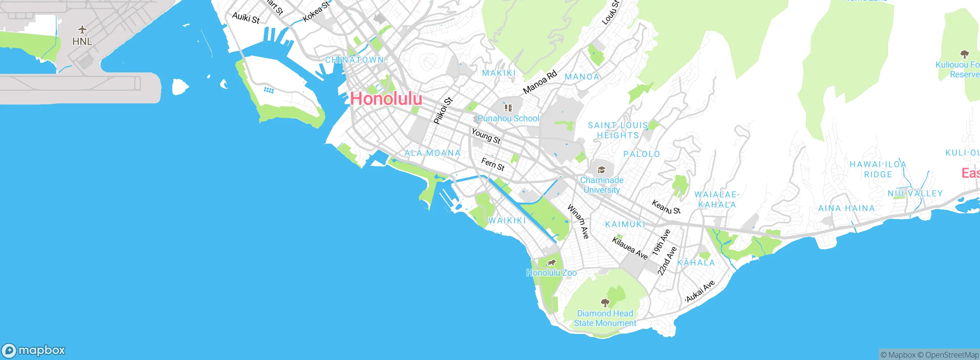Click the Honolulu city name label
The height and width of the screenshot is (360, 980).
coord(386,98)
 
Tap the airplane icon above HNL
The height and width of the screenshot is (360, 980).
coord(82,29)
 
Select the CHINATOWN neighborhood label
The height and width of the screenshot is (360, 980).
coord(354,60)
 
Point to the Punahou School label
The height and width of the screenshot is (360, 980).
coord(508,118)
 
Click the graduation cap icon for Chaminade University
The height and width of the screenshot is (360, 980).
coord(601,170)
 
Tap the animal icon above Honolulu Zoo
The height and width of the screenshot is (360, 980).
coord(551,263)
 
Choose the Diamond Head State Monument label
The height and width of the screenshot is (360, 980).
coord(605,318)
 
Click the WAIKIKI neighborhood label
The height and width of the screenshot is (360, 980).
coord(507,221)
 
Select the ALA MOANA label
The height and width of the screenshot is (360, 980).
coord(433,153)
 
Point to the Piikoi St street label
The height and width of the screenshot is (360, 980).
coord(443,111)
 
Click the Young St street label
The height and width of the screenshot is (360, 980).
coord(486,136)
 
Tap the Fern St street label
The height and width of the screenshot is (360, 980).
coord(493,164)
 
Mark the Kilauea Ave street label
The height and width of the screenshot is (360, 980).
coord(630,248)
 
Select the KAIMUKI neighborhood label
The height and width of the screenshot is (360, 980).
coord(625,224)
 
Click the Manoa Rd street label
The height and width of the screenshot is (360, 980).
coord(540,82)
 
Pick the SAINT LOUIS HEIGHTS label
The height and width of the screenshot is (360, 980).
coord(618,130)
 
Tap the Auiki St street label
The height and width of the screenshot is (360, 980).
coord(246,18)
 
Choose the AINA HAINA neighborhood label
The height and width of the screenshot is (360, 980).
coord(846,208)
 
